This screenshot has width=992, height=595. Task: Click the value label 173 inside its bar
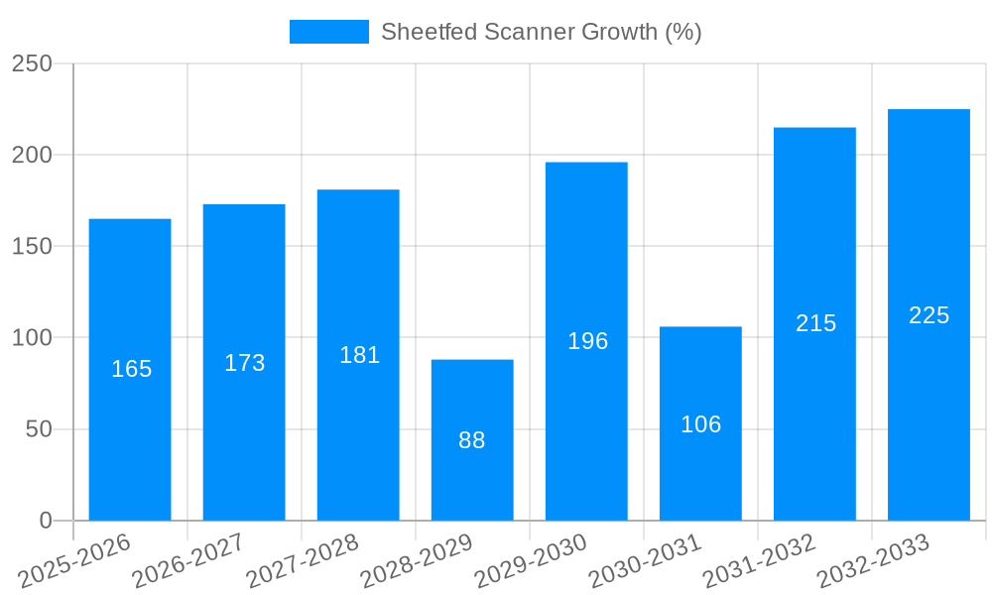(244, 363)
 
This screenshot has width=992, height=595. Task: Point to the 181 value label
(359, 355)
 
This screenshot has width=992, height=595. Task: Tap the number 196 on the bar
(587, 341)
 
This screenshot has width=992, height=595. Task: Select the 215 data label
(815, 323)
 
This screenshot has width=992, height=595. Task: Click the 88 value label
(472, 440)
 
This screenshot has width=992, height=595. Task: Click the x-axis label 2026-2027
(188, 561)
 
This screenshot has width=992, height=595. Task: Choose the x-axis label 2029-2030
(531, 561)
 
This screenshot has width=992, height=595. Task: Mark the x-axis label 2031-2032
(759, 561)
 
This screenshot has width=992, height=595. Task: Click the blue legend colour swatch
(328, 32)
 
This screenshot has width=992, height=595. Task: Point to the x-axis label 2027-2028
(303, 561)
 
